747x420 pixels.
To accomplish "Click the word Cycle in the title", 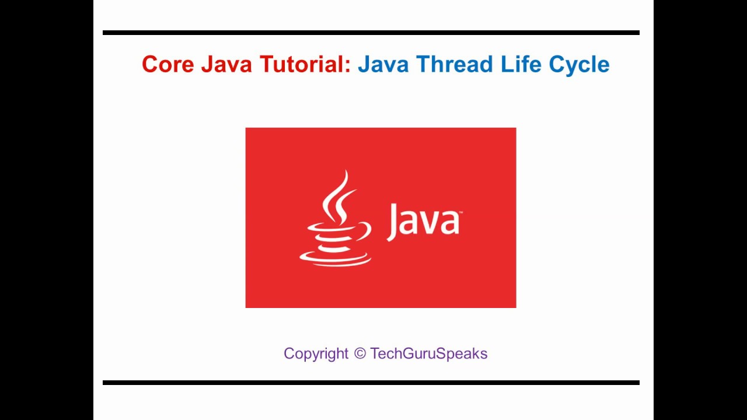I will pos(579,64).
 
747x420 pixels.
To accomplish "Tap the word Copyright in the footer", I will pos(316,353).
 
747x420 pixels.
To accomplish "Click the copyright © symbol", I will pos(359,353).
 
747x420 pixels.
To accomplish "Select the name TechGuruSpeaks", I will pos(428,353).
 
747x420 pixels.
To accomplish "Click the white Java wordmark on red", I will pos(424,222).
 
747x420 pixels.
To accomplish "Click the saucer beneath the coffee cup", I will pos(336,258).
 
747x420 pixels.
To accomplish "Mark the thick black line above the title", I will pos(371,33).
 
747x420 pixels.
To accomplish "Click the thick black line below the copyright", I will pos(371,383).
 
